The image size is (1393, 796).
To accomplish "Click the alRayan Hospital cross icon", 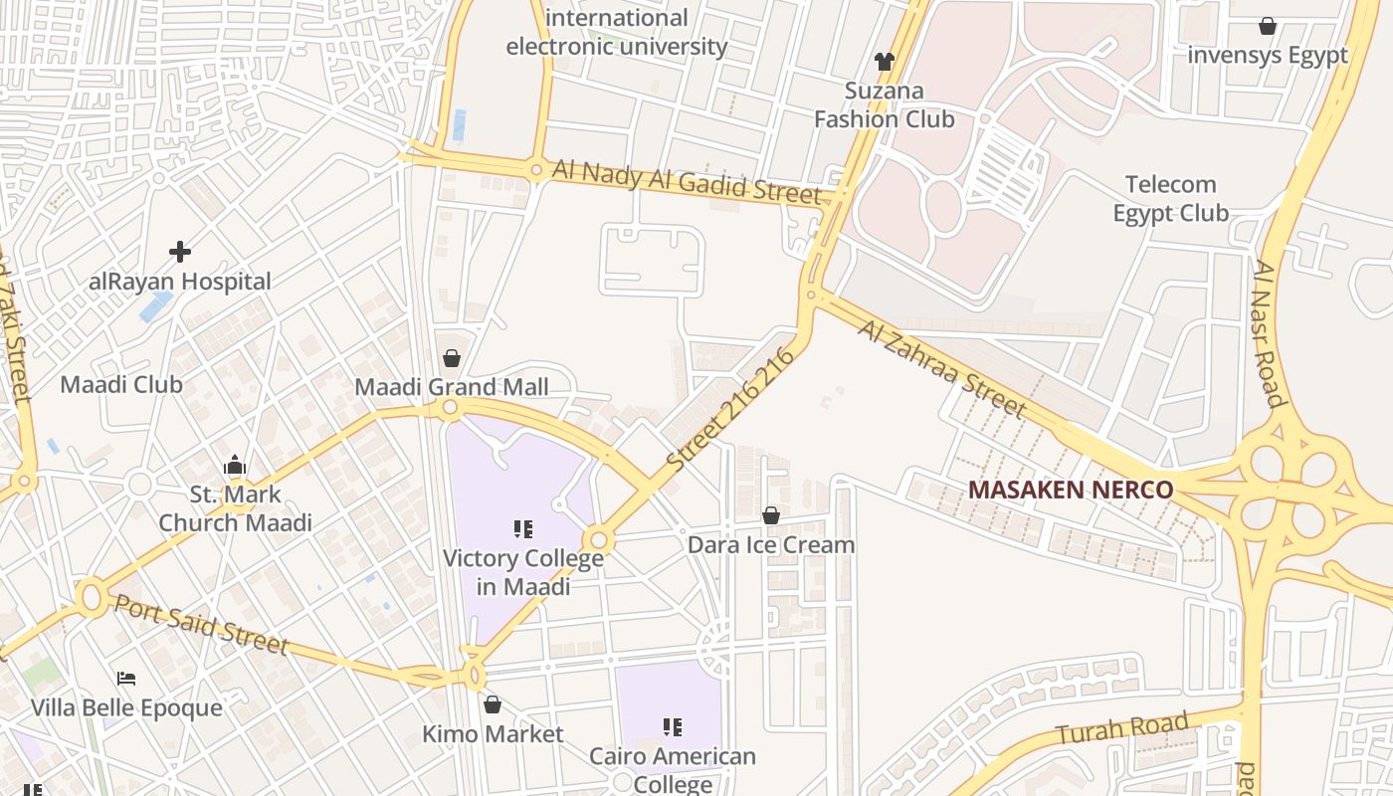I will point(180,251).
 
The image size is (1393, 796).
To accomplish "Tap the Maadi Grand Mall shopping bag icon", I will point(452,358).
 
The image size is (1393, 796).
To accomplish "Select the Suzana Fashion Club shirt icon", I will point(885,62).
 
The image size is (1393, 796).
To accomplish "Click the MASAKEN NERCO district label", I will point(1070,490).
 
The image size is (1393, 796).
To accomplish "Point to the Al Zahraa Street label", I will point(941,368).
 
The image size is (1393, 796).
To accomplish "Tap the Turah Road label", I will point(1122,729).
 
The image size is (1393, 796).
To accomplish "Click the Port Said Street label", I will point(201,625).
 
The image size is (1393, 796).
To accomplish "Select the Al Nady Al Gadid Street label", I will point(687,182).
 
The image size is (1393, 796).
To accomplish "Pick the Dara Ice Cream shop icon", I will point(770,515).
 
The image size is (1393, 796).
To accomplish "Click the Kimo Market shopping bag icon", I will point(492,704).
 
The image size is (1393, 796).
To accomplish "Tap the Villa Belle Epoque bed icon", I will point(126,679).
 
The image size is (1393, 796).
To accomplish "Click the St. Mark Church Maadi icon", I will point(235,465).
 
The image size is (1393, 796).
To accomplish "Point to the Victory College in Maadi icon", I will point(523,528).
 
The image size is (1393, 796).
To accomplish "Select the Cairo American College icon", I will point(673,727).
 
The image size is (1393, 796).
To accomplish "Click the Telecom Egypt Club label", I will point(1170,198).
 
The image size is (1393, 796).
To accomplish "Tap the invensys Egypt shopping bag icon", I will point(1268,26).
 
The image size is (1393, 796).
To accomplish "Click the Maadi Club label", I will point(121,384).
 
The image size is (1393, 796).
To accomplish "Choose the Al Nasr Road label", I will point(1270,334).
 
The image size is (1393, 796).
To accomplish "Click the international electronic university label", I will point(617,32).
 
